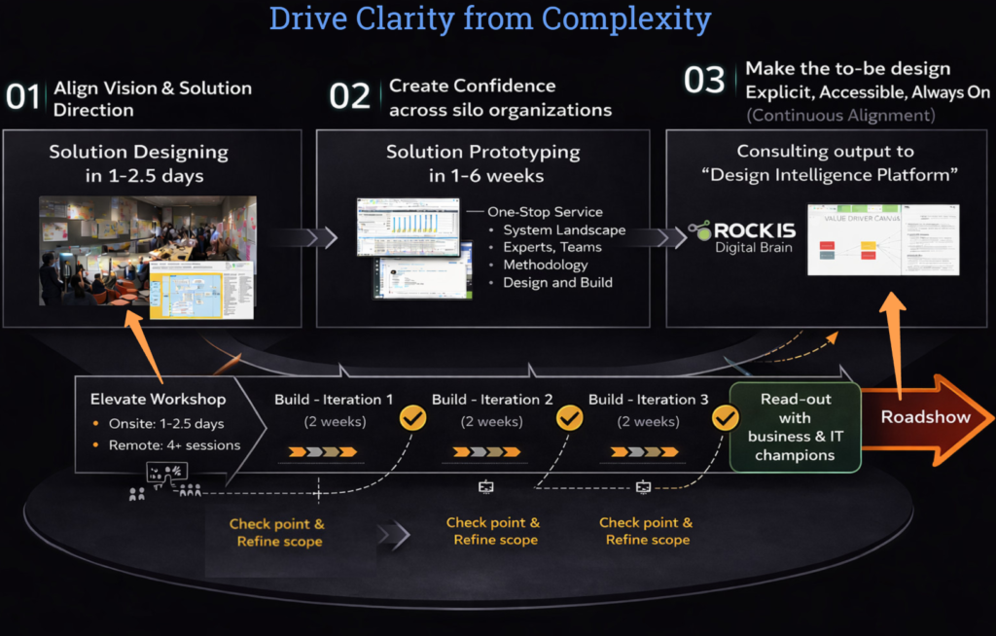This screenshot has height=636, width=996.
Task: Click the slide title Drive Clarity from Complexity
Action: click(489, 18)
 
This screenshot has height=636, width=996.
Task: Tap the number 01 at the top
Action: click(23, 97)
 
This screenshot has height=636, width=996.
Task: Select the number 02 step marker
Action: click(350, 96)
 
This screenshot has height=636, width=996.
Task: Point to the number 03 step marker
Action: click(705, 80)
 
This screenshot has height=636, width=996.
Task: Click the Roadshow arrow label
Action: click(925, 416)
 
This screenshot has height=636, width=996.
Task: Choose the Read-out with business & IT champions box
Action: click(794, 427)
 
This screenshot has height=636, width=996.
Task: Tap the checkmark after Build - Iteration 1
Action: click(413, 418)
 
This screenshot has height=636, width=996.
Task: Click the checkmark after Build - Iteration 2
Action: click(569, 418)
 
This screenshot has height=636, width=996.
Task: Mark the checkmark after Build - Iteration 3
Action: click(726, 418)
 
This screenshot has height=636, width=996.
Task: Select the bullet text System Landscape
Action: click(564, 230)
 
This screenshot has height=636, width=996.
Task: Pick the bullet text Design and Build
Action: click(557, 283)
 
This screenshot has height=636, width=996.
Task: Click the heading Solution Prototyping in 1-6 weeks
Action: click(482, 163)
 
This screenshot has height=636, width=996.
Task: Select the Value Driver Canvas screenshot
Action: click(883, 252)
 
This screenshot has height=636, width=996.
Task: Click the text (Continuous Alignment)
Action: click(840, 116)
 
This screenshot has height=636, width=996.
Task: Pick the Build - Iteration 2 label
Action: click(492, 400)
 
